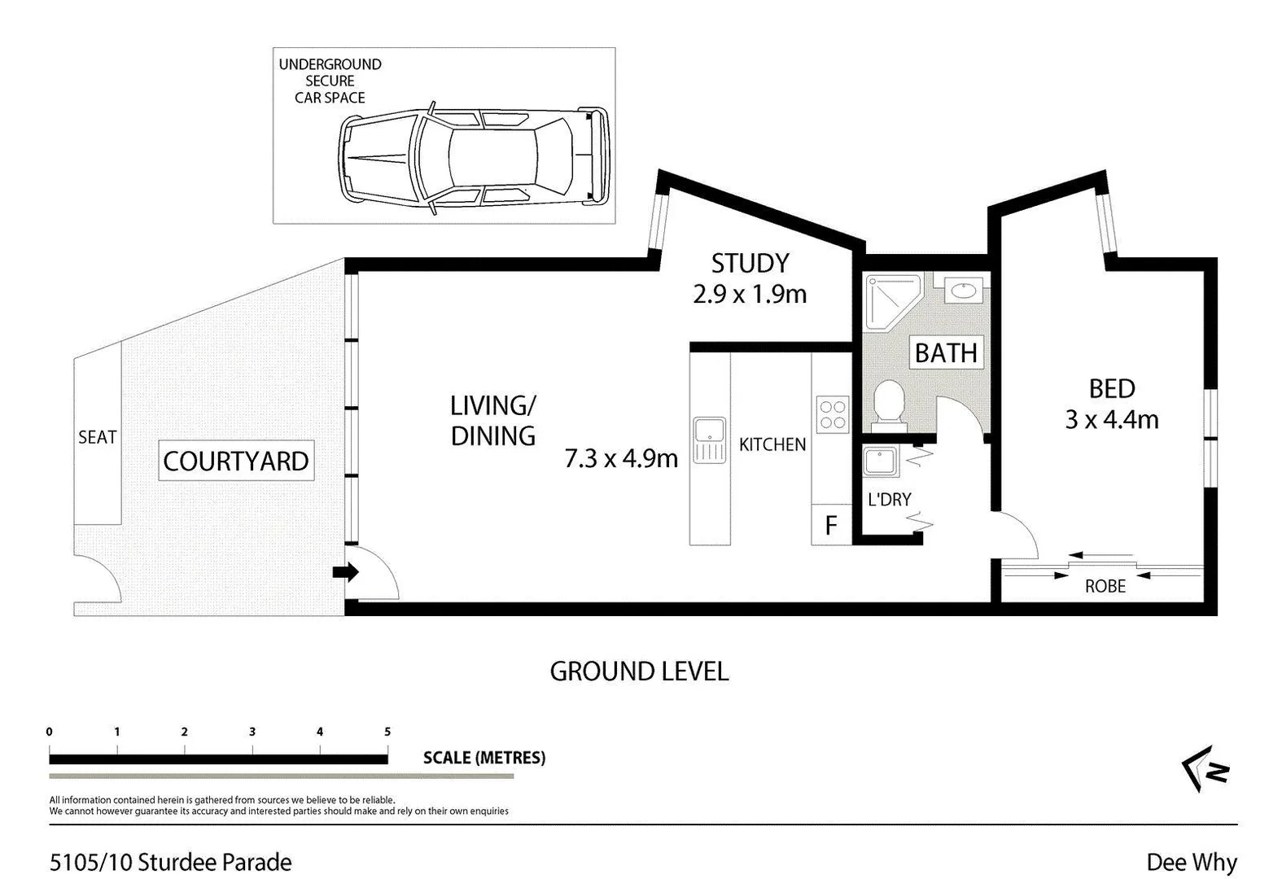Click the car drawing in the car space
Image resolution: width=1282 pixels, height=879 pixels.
(473, 158)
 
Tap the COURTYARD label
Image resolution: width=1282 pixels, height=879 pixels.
(236, 461)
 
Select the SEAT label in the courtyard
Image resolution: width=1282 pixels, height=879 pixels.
(98, 437)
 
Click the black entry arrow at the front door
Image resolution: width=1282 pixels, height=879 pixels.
(346, 571)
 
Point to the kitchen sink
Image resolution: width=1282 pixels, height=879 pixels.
(710, 440)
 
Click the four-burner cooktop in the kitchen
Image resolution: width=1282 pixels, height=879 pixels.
(833, 414)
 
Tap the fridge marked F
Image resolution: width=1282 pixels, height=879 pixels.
(831, 524)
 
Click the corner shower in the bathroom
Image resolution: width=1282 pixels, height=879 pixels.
(893, 303)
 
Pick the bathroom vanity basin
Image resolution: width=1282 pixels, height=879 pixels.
(964, 291)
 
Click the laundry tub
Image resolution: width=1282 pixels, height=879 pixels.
(880, 461)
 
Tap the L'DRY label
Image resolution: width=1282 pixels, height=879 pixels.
(890, 500)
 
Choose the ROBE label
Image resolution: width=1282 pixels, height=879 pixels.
(1105, 586)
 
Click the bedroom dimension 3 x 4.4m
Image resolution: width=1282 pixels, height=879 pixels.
(1112, 419)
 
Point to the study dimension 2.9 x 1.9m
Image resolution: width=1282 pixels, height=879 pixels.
(750, 294)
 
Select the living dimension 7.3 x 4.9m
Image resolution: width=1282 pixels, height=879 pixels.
(621, 458)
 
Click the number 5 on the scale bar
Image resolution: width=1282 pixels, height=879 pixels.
(387, 732)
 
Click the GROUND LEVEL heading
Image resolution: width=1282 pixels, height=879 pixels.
(639, 671)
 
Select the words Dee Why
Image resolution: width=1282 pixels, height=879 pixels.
(1192, 863)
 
